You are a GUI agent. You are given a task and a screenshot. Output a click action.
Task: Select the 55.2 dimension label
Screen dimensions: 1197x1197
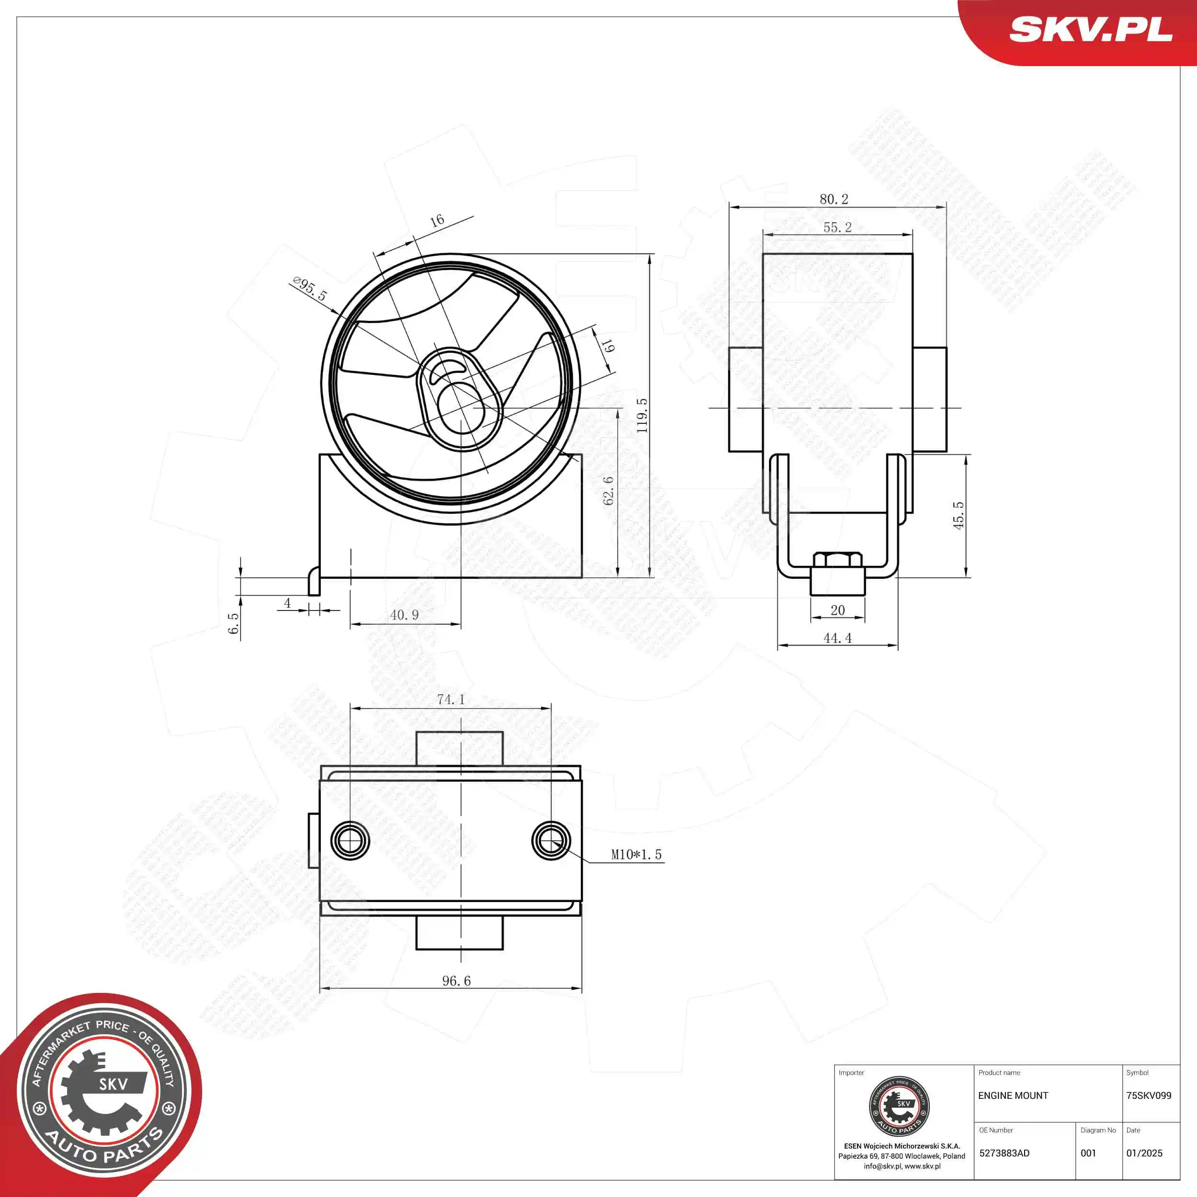(837, 227)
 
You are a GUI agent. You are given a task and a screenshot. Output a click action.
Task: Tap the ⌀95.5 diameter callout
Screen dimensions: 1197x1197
(309, 289)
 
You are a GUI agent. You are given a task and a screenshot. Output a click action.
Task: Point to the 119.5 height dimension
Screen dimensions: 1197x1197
(643, 415)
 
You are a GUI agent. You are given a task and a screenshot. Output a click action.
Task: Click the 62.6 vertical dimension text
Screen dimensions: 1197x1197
(609, 490)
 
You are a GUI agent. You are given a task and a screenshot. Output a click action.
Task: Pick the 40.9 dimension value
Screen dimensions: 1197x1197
(404, 615)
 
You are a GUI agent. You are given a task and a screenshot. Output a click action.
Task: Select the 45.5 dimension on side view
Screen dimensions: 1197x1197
(959, 515)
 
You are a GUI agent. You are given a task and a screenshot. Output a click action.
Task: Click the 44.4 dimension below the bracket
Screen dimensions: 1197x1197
(837, 638)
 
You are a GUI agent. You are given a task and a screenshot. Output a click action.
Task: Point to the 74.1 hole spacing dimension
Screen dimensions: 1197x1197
(451, 700)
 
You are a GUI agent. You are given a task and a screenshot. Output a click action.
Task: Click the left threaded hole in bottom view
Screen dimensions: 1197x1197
(350, 841)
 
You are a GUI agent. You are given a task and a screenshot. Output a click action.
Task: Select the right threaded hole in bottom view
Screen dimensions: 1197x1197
(551, 841)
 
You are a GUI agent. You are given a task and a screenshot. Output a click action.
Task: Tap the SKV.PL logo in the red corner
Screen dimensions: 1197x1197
(1090, 29)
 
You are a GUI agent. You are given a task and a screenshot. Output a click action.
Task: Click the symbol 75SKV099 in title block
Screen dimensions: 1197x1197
(1149, 1095)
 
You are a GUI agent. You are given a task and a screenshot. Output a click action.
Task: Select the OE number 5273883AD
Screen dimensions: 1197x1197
(1005, 1153)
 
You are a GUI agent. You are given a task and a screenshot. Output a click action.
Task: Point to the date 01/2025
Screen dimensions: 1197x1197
(1144, 1153)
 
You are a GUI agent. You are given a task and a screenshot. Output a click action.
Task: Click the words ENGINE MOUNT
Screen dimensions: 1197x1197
(1013, 1095)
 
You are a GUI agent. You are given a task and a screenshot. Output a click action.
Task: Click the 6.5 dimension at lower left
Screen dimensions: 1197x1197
(233, 623)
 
